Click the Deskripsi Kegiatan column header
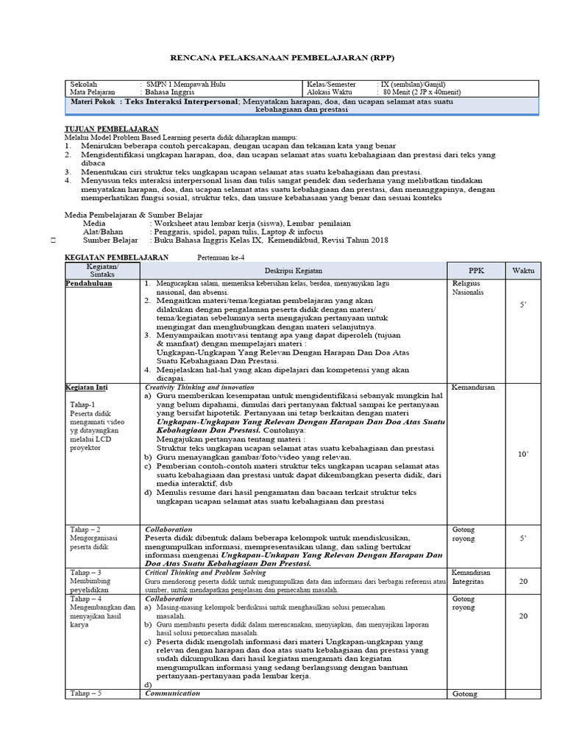(294, 270)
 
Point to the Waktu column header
(523, 270)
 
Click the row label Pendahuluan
(89, 283)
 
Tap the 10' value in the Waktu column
(523, 454)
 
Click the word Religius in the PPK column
(466, 282)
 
